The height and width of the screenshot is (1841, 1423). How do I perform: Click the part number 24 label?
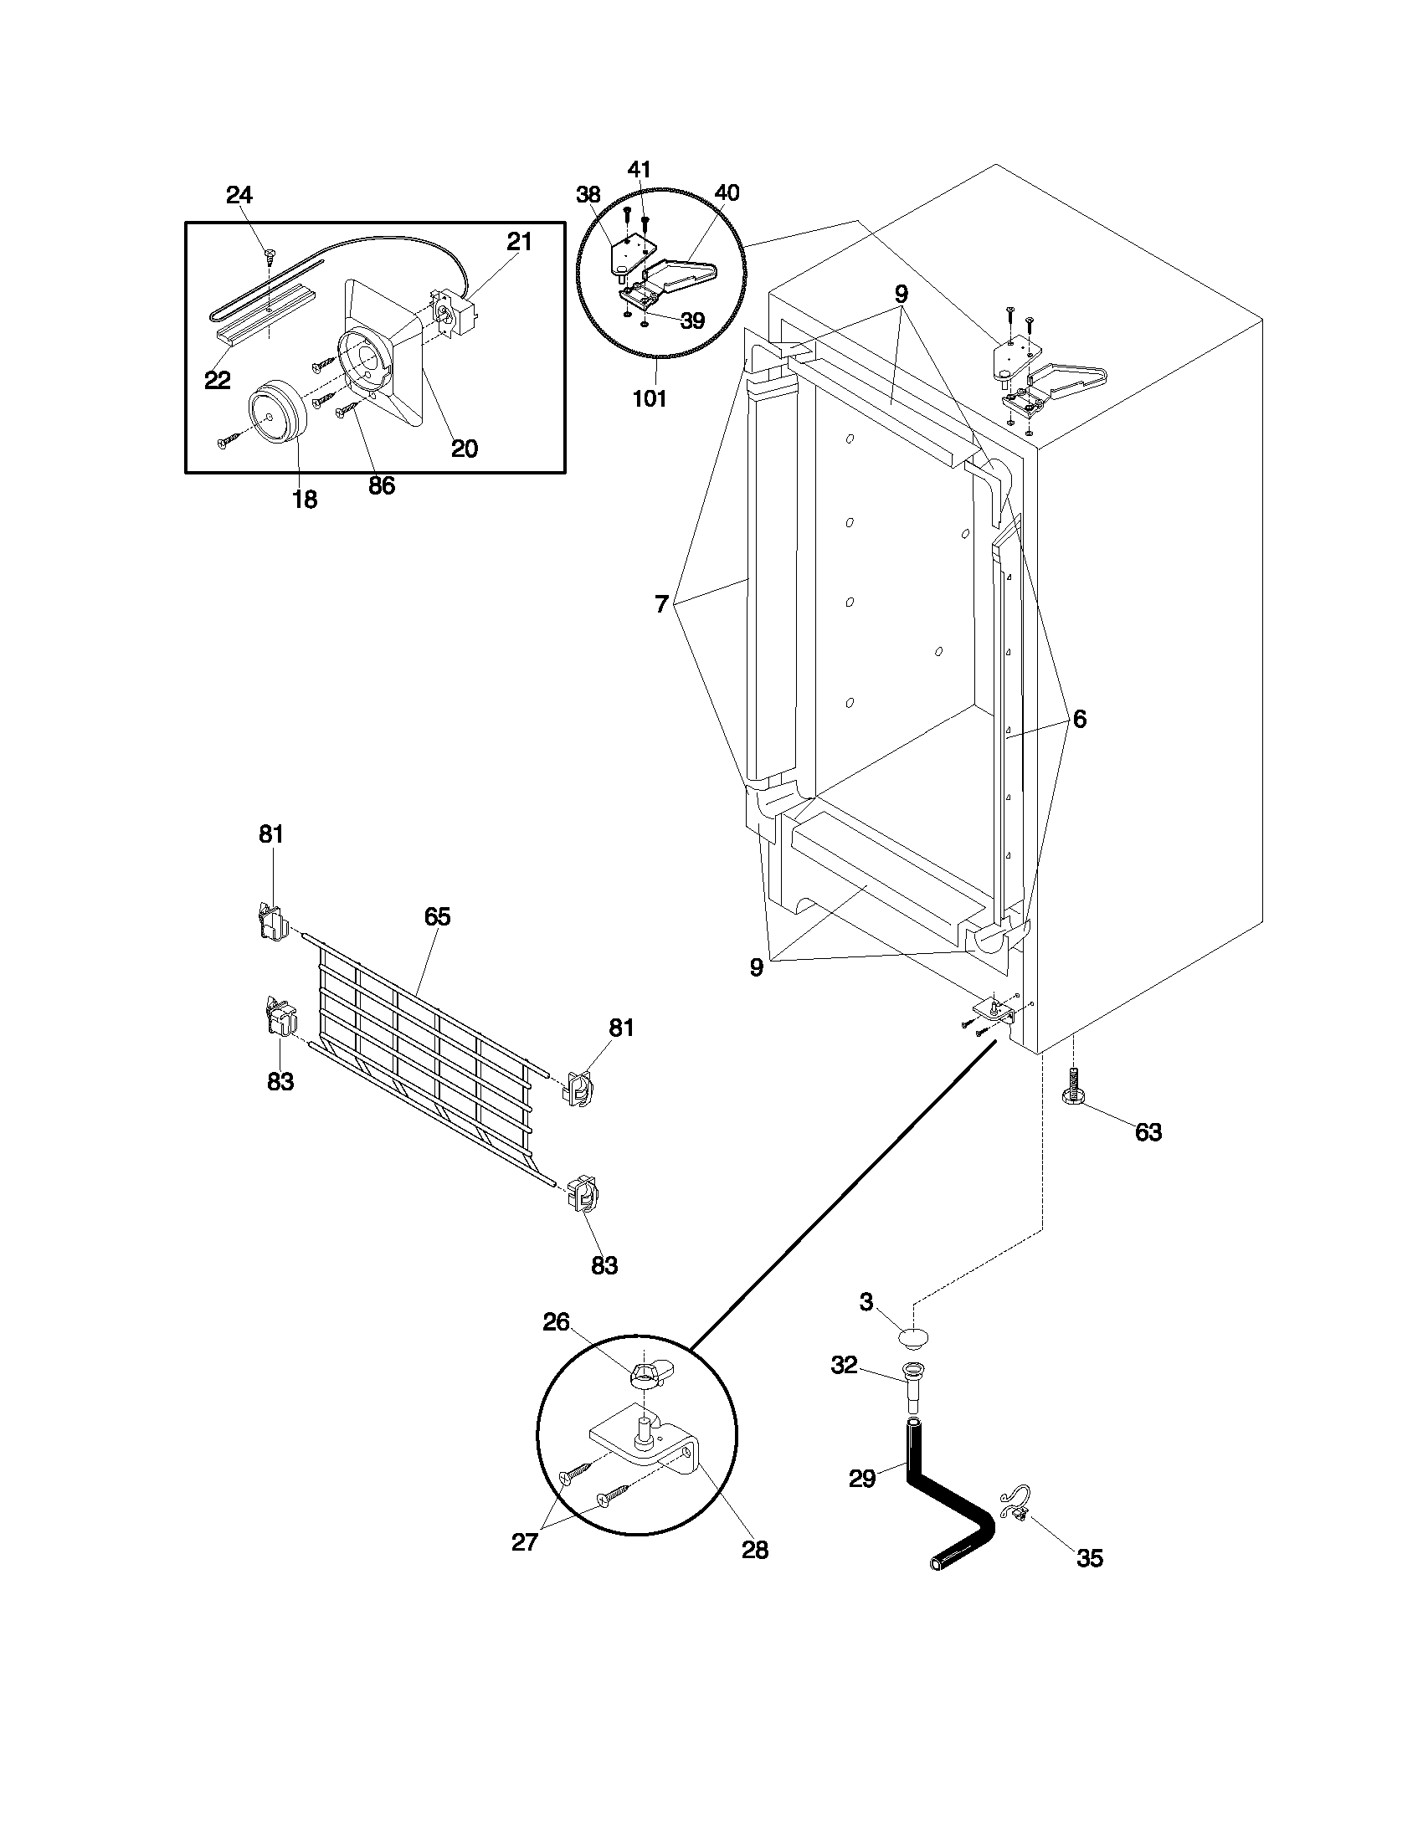(x=239, y=196)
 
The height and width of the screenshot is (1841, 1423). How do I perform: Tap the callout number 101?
(x=649, y=398)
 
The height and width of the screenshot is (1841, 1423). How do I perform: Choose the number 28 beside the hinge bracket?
(x=754, y=1549)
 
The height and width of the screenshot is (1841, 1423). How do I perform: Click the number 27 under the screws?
(x=524, y=1541)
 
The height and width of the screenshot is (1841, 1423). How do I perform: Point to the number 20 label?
(x=464, y=449)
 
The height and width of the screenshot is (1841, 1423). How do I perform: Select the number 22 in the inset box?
(x=217, y=380)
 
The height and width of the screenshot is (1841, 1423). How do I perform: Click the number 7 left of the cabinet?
(x=662, y=604)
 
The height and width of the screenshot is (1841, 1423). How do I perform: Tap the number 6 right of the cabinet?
(x=1079, y=719)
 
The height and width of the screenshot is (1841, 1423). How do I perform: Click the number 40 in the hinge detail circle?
(x=726, y=193)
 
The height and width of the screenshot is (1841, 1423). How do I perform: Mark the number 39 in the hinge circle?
(x=692, y=321)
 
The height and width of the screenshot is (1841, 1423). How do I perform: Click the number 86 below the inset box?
(x=381, y=485)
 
